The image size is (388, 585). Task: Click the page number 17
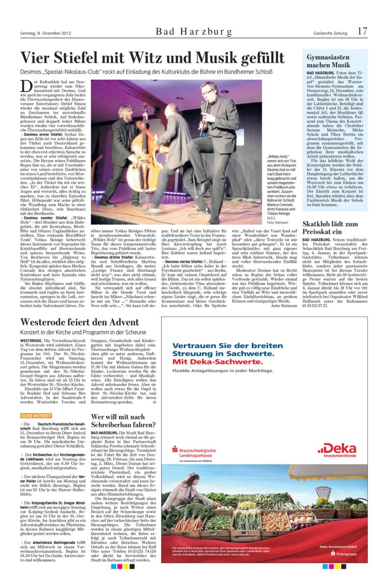[x=362, y=31]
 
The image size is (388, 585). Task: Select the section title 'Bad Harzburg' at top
[x=194, y=32]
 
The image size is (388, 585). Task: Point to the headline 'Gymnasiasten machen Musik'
[x=328, y=61]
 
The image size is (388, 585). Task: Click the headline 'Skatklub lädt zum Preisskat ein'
[x=330, y=227]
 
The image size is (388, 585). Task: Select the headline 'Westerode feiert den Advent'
[x=79, y=322]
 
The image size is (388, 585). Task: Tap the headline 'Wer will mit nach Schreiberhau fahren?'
[x=123, y=421]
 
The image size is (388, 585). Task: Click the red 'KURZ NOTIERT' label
[x=36, y=416]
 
